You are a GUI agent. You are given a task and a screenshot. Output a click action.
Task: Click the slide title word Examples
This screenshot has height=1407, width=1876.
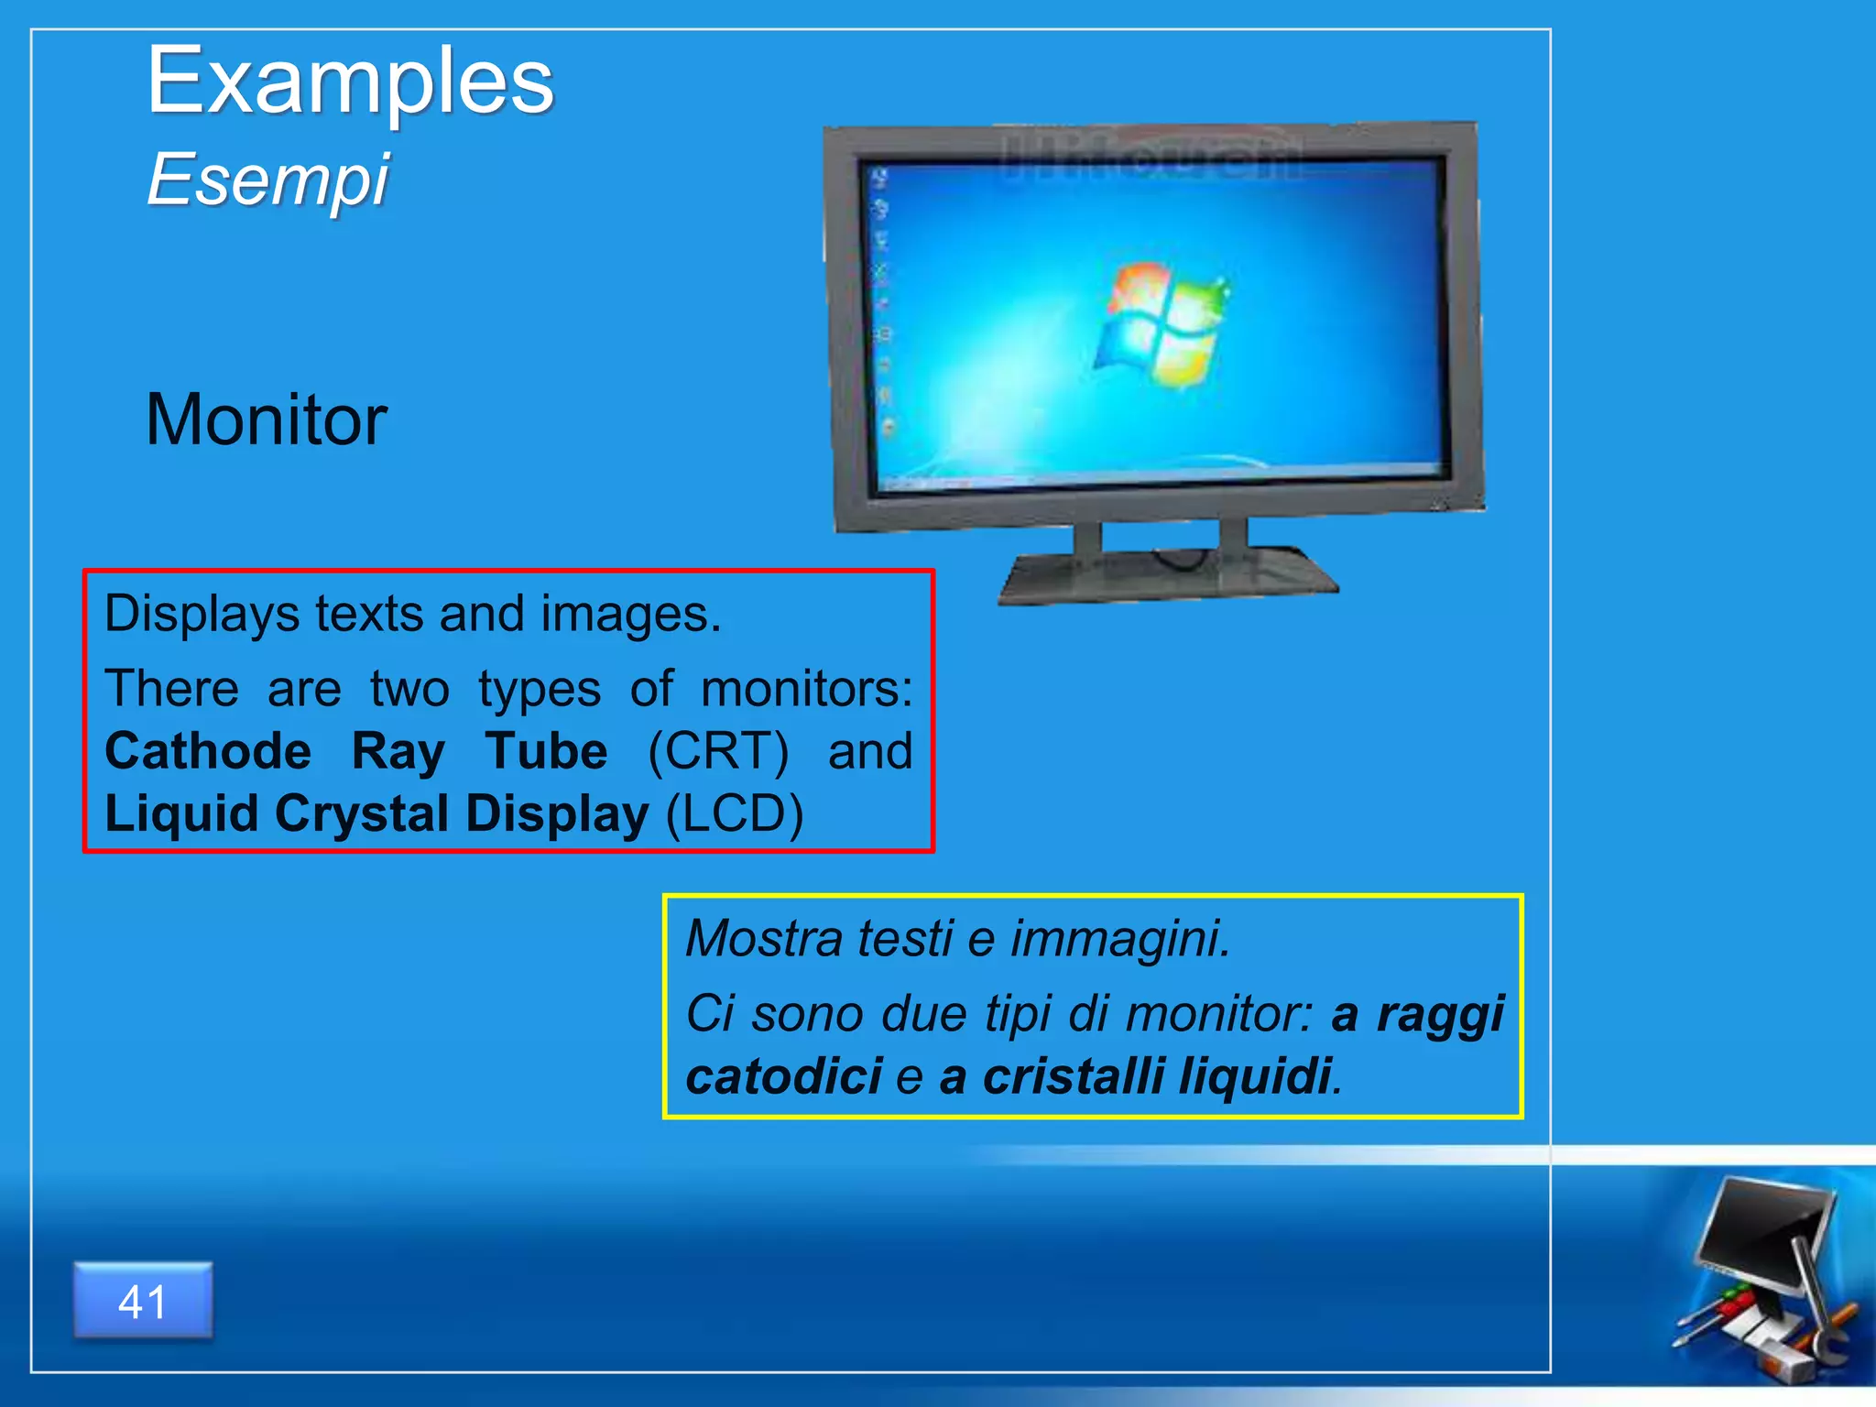350,82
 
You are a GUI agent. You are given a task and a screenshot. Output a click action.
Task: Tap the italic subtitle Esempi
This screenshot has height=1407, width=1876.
267,180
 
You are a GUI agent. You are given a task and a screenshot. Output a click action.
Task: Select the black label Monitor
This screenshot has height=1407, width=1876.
266,420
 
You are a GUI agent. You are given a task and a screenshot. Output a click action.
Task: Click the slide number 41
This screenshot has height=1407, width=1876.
143,1302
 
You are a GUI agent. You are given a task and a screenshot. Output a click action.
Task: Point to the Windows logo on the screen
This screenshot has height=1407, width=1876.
1162,322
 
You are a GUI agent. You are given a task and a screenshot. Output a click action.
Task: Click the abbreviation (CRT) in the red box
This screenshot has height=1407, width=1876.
717,751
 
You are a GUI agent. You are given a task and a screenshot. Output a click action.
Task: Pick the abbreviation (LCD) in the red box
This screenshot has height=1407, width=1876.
734,813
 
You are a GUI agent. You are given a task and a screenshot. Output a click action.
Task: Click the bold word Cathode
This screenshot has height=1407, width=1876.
208,751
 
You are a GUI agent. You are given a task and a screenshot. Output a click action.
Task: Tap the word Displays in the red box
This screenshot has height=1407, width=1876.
202,614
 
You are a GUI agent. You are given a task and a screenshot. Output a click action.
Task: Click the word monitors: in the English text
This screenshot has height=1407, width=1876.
806,689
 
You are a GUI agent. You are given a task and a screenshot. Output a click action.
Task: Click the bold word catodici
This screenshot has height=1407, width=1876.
784,1075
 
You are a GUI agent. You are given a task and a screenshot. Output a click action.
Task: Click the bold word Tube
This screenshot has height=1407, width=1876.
546,751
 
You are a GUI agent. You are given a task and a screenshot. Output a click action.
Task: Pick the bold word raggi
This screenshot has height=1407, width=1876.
1440,1015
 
